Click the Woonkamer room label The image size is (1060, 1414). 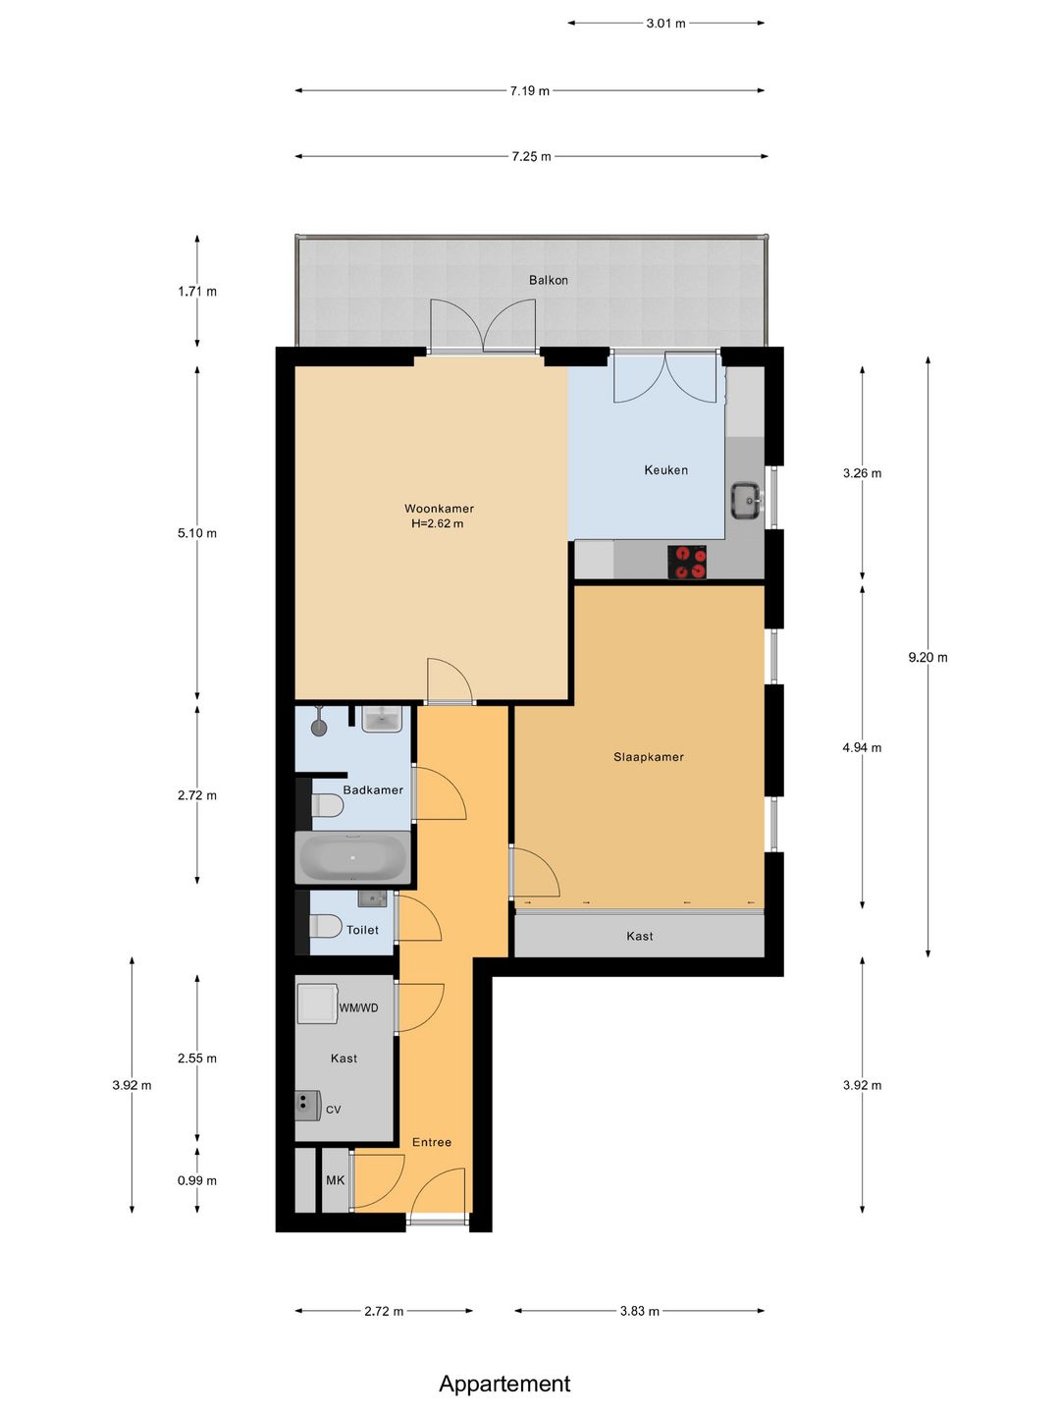click(439, 509)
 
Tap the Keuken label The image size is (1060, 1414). click(666, 470)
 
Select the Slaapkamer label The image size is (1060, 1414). click(648, 757)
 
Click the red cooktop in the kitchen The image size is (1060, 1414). click(687, 562)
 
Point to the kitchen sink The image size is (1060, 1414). click(747, 501)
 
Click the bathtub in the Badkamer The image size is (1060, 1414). click(352, 857)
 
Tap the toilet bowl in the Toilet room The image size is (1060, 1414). click(326, 926)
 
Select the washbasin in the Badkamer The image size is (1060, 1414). click(382, 719)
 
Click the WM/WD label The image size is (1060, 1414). click(358, 1007)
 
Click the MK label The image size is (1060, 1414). click(336, 1180)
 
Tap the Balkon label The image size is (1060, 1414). click(549, 280)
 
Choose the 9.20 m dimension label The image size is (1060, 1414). click(928, 657)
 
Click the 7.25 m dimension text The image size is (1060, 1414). click(532, 156)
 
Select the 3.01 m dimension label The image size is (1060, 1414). click(666, 24)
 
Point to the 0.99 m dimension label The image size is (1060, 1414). click(197, 1181)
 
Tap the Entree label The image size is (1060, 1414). click(432, 1142)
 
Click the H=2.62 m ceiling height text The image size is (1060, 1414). click(438, 523)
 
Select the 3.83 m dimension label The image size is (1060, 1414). click(640, 1311)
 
